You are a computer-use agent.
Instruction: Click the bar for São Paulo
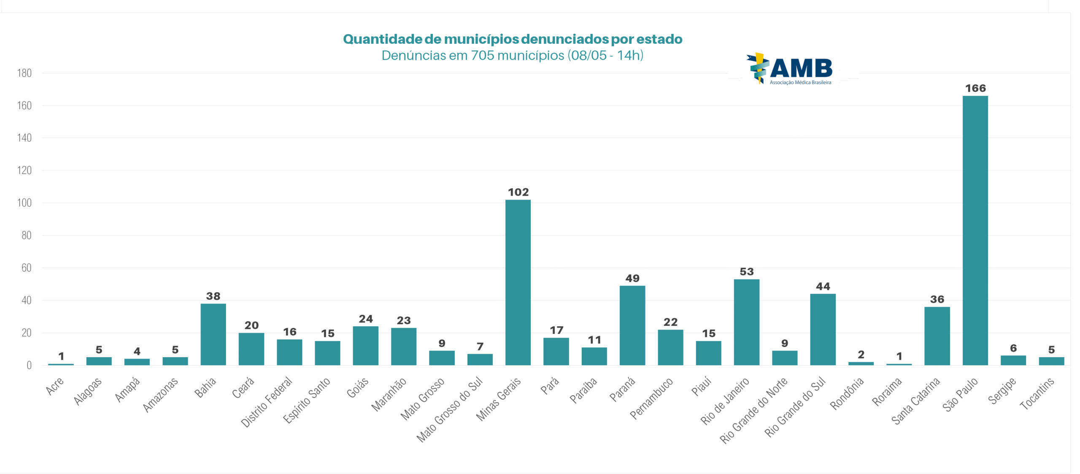(975, 230)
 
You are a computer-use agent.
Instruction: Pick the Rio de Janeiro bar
(746, 322)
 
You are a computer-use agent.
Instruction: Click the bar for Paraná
(632, 325)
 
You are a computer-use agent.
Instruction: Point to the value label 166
(975, 88)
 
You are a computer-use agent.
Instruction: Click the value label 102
(518, 192)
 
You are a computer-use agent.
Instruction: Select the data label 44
(823, 286)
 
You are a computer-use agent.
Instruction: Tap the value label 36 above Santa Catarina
(937, 299)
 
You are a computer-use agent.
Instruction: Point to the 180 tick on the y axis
(24, 73)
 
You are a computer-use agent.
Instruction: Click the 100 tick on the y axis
(24, 203)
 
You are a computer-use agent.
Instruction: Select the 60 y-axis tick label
(26, 268)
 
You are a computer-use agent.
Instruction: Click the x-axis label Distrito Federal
(267, 401)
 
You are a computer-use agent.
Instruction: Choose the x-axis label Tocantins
(1037, 393)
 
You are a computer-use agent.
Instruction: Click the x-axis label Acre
(54, 386)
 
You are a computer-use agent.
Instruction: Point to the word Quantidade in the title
(382, 39)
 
